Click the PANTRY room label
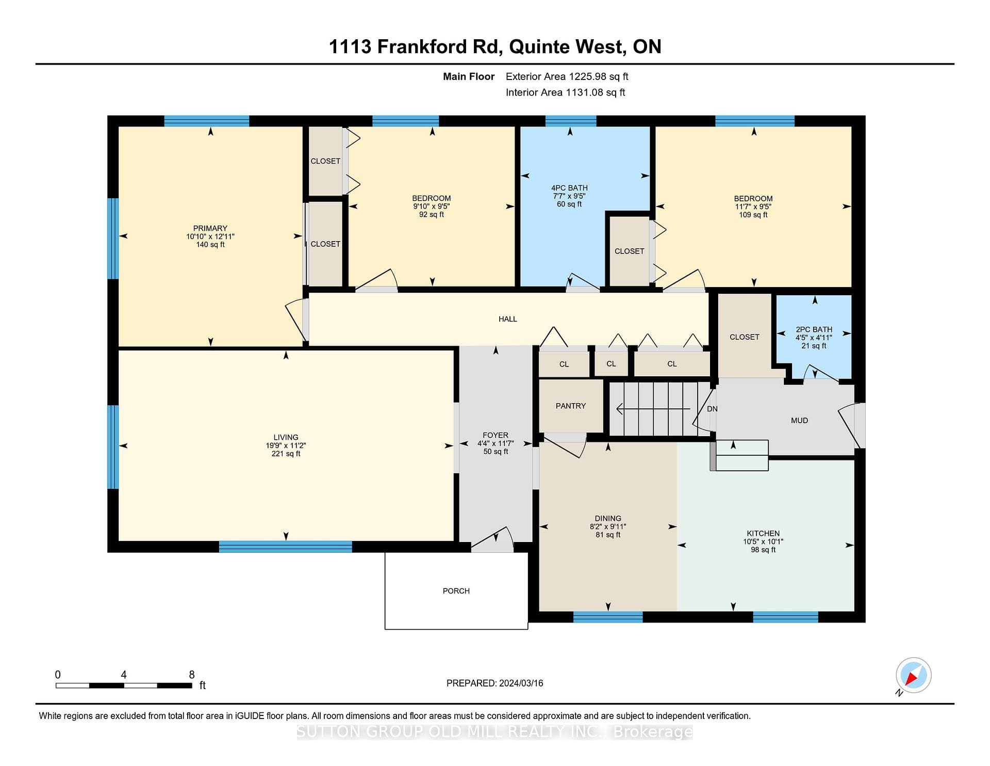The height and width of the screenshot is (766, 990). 571,406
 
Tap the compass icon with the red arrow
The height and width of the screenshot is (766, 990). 913,675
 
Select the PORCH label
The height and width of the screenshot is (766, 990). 456,591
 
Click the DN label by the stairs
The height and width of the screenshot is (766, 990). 712,409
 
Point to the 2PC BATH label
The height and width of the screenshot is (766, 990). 814,329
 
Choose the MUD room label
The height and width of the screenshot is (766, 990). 799,421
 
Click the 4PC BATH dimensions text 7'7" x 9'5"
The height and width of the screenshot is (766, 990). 569,196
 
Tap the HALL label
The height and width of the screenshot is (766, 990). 508,319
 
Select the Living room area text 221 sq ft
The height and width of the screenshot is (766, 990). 286,454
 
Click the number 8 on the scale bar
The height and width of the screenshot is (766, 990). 192,675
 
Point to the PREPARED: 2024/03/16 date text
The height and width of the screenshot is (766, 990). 495,683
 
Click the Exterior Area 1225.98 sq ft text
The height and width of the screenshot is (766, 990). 567,76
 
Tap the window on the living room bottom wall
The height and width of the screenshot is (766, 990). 286,547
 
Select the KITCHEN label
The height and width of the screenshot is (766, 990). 763,534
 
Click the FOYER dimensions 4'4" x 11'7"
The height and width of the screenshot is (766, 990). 496,443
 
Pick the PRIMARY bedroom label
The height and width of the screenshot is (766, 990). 210,228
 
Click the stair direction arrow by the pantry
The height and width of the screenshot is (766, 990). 653,409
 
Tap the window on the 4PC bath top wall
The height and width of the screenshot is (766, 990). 571,121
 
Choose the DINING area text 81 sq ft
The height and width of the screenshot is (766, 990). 608,535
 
